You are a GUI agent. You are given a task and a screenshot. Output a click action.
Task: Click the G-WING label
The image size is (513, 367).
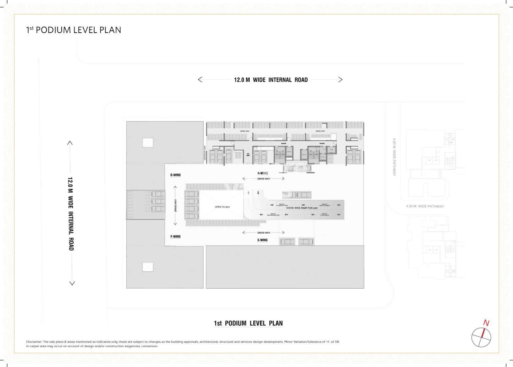[175, 175]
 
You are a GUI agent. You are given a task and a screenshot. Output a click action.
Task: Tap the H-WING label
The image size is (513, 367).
[262, 173]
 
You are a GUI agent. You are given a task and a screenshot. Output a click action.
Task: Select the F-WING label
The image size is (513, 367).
[175, 236]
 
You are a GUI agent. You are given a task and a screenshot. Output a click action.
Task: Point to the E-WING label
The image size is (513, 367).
[262, 240]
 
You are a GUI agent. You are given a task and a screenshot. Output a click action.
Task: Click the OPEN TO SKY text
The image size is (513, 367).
[222, 207]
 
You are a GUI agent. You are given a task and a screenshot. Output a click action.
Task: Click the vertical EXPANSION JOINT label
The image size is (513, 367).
[205, 154]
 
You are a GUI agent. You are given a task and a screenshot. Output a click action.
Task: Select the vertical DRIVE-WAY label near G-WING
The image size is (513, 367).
[175, 205]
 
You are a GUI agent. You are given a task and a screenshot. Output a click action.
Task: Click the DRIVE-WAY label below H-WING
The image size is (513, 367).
[263, 179]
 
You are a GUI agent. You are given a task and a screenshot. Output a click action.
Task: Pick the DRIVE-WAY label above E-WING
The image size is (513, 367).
[263, 233]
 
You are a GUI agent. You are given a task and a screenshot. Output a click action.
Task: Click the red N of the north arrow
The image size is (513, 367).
[486, 323]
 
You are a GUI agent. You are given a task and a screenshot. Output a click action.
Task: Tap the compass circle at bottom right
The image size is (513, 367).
[481, 337]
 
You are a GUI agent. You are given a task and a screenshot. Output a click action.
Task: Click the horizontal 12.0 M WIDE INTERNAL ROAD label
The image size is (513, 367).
[271, 80]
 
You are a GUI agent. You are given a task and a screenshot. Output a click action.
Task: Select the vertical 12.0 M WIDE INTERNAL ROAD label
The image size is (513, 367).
[71, 214]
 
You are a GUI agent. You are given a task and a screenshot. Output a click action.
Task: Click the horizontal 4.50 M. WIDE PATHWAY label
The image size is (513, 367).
[425, 206]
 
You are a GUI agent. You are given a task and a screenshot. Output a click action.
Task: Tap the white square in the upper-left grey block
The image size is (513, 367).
[148, 142]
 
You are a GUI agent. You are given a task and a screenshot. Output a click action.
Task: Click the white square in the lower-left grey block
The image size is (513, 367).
[148, 267]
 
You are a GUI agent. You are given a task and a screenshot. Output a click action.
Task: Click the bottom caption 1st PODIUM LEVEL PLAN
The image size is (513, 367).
[248, 323]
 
